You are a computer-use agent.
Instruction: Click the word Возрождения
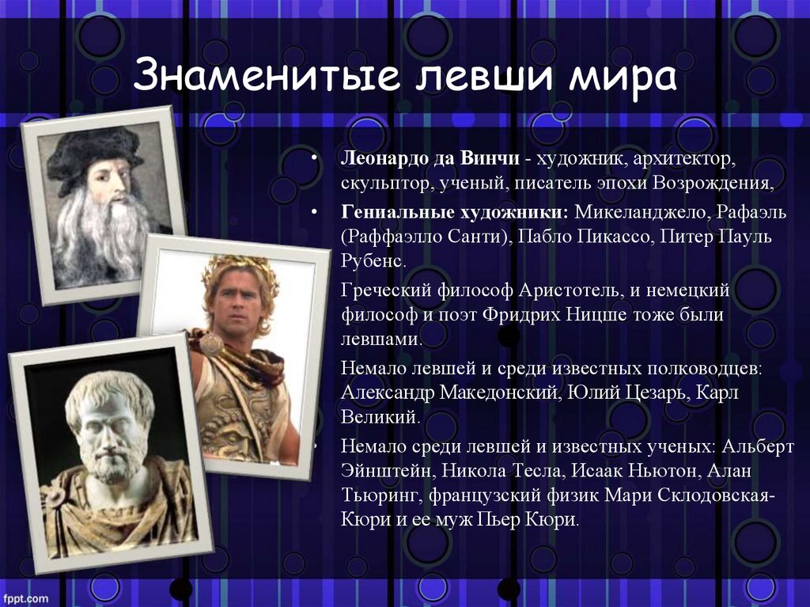(x=713, y=183)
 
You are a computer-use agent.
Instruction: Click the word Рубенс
(x=373, y=260)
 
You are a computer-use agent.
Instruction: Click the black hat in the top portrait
(x=94, y=155)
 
